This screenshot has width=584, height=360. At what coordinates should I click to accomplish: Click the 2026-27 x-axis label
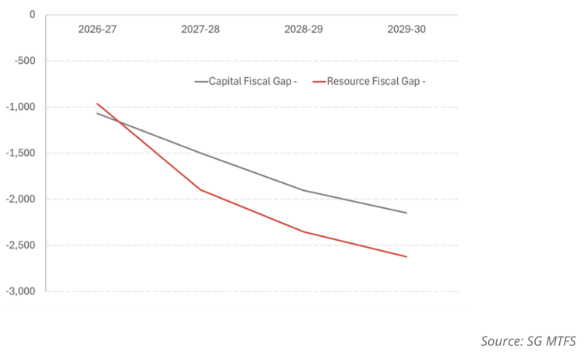[97, 29]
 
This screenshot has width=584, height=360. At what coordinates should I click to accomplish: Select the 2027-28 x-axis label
[200, 29]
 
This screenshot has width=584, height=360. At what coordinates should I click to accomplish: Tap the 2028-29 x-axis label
[304, 29]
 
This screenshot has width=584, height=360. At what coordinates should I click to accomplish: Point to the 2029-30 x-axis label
[406, 29]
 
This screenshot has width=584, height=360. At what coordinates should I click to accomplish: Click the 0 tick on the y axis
[33, 15]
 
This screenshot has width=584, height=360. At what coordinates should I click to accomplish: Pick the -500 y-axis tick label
[25, 61]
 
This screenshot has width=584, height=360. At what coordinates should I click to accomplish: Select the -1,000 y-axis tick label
[21, 107]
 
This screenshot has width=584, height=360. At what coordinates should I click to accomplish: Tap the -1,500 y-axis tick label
[21, 154]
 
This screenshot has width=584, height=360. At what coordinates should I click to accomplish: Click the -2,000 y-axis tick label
[21, 199]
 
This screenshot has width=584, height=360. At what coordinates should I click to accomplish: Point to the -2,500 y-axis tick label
[21, 245]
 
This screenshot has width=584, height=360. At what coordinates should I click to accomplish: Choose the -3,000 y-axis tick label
[21, 291]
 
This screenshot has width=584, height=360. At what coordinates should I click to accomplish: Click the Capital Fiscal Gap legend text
[253, 81]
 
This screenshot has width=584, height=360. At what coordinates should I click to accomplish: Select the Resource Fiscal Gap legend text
[376, 81]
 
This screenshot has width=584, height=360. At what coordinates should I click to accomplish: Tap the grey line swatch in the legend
[201, 82]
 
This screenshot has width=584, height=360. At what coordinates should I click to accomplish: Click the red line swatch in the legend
[319, 82]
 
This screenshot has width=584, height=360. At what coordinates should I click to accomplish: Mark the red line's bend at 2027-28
[200, 189]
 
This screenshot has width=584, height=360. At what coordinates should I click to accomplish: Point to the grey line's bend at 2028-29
[304, 190]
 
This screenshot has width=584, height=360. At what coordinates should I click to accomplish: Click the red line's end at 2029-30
[406, 257]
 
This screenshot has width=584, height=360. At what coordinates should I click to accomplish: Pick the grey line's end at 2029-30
[406, 214]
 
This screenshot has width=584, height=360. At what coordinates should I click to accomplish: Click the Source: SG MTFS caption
[528, 341]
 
